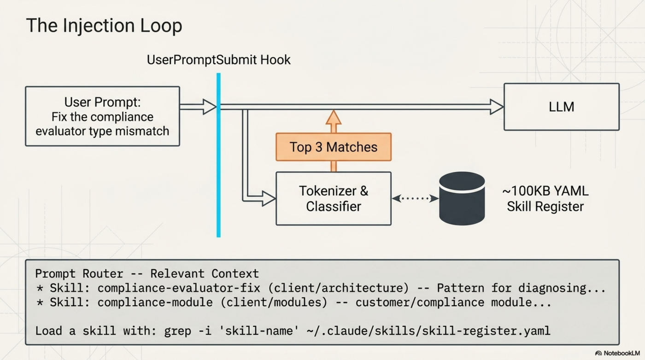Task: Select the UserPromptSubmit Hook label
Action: pyautogui.click(x=218, y=60)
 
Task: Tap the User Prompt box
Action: pyautogui.click(x=102, y=116)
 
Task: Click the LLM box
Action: pyautogui.click(x=561, y=107)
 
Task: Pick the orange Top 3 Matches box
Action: pyautogui.click(x=333, y=147)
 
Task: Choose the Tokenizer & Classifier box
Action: pyautogui.click(x=333, y=199)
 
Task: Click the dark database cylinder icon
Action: pyautogui.click(x=462, y=198)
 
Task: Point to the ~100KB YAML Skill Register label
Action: pyautogui.click(x=545, y=199)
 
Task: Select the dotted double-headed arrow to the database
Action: pyautogui.click(x=415, y=199)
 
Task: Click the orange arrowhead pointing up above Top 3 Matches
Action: pyautogui.click(x=333, y=118)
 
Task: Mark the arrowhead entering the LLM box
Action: pyautogui.click(x=497, y=107)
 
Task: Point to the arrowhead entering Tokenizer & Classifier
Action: pyautogui.click(x=269, y=199)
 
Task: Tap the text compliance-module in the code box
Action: pyautogui.click(x=155, y=303)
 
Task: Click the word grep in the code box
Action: pyautogui.click(x=179, y=330)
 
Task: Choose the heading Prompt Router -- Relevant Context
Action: pyautogui.click(x=147, y=274)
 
